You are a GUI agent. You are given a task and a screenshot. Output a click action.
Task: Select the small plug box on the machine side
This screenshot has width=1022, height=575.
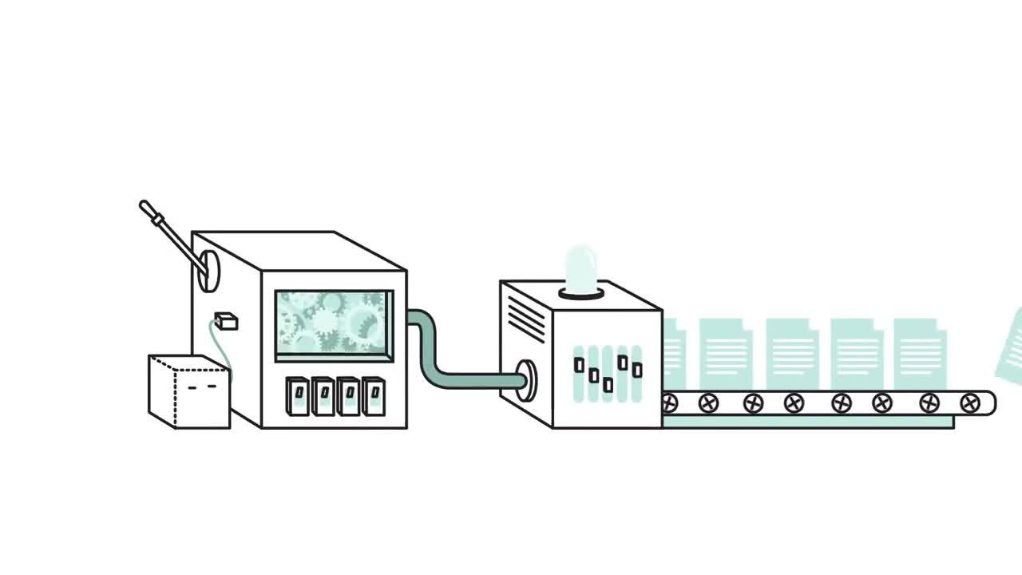227,321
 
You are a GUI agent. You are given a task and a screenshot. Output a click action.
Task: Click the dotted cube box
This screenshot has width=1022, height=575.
189,392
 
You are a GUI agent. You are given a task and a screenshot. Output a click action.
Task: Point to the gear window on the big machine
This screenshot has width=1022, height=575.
334,323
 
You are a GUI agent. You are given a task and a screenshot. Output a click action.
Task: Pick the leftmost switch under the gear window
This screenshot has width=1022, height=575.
298,395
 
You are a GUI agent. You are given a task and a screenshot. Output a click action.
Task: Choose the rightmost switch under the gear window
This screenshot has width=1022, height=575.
373,395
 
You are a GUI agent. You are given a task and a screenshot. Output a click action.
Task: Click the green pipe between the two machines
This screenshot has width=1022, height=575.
435,351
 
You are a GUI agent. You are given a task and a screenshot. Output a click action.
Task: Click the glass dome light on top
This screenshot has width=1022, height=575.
581,269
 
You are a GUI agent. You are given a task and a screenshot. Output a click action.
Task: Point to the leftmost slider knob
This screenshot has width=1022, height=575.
580,366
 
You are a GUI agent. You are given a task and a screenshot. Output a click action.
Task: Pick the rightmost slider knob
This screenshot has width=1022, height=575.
637,370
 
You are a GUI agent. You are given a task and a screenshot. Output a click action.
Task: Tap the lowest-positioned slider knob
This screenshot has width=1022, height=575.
608,385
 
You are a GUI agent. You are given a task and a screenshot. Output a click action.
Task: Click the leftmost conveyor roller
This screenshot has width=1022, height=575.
670,404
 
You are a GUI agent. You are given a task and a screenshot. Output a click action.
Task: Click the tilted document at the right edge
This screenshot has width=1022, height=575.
1009,347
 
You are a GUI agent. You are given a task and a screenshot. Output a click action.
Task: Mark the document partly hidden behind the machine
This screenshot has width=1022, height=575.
672,351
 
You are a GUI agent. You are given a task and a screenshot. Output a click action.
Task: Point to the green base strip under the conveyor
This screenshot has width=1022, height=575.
806,422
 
